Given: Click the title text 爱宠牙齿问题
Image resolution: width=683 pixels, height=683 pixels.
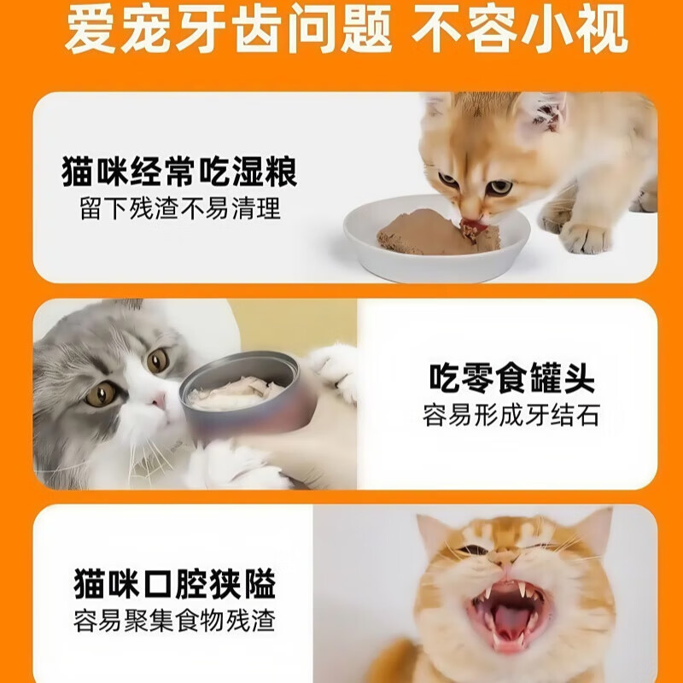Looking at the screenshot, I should pyautogui.click(x=228, y=32).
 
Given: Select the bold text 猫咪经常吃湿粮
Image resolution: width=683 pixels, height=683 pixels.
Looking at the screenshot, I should pyautogui.click(x=179, y=173).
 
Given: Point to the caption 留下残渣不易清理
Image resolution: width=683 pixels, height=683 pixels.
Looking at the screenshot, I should pyautogui.click(x=180, y=207).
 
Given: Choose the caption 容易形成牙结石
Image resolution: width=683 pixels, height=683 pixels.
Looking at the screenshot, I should pyautogui.click(x=511, y=416).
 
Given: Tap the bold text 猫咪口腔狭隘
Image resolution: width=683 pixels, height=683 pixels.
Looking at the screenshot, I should pyautogui.click(x=175, y=587).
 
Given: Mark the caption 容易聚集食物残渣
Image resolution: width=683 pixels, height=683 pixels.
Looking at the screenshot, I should pyautogui.click(x=175, y=622).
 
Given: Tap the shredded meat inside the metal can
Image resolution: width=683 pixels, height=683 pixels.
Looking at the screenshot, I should pyautogui.click(x=237, y=392).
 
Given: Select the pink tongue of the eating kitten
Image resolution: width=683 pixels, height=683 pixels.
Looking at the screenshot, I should pyautogui.click(x=470, y=228).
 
